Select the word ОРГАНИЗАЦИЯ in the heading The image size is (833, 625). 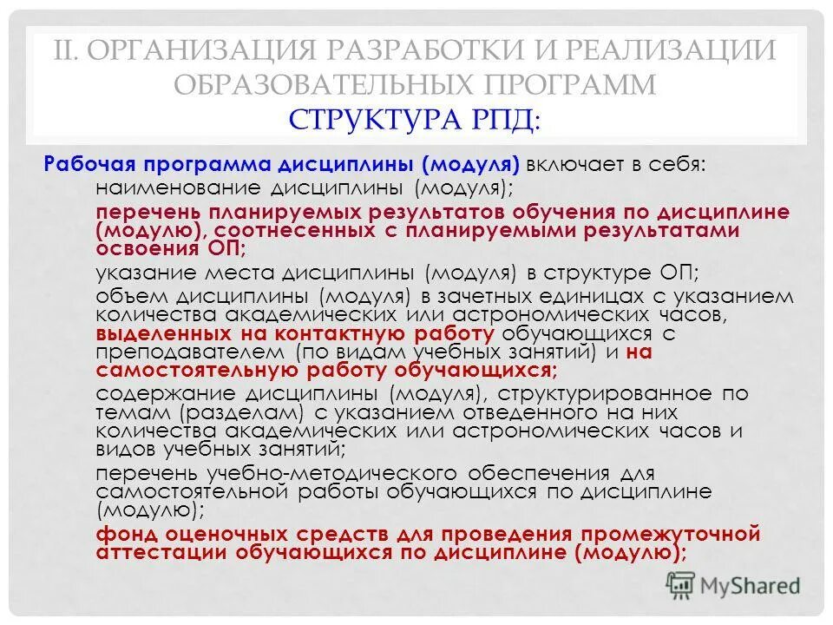click(x=199, y=49)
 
